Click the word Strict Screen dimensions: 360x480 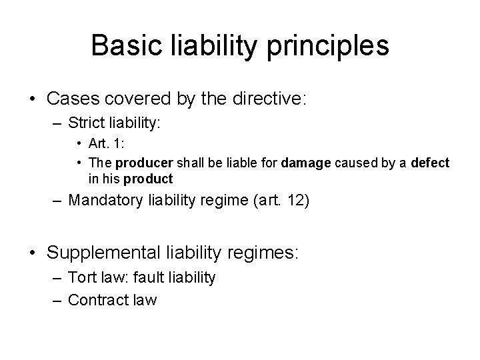[x=87, y=125]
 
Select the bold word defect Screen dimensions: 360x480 [x=430, y=163]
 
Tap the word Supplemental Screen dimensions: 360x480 [x=99, y=253]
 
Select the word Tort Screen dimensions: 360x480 [x=81, y=277]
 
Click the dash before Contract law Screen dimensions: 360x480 [x=59, y=300]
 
